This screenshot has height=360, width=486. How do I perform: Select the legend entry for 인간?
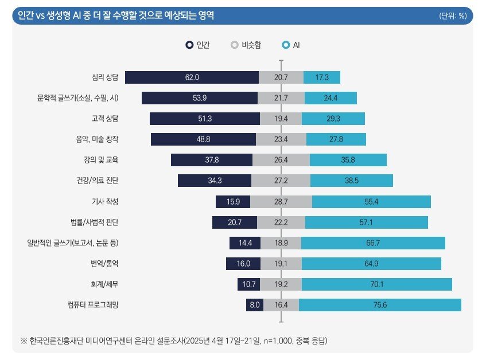(x=197, y=45)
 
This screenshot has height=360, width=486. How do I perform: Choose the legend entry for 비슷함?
(x=246, y=45)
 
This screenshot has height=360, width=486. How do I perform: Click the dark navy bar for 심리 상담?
(x=192, y=77)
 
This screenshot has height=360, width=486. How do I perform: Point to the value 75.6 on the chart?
(x=380, y=304)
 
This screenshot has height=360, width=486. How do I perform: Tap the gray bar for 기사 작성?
(x=281, y=201)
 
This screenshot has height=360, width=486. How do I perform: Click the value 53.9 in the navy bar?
(x=184, y=98)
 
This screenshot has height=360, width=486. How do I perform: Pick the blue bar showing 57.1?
(x=366, y=222)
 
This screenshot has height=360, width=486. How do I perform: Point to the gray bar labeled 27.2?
(x=281, y=181)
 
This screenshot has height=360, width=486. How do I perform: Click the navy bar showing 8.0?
(x=255, y=304)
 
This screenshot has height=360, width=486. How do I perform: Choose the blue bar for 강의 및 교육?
(x=348, y=160)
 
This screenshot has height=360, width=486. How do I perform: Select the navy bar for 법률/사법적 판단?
(x=231, y=222)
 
